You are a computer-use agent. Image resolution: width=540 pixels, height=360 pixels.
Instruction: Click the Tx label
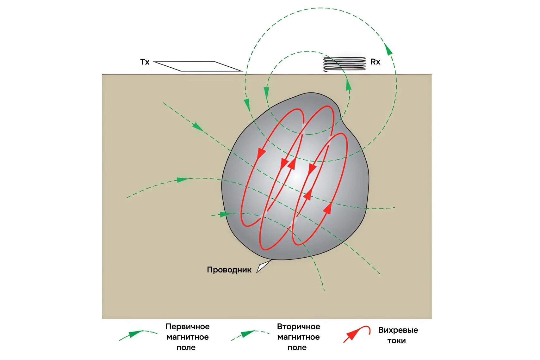[x=145, y=62]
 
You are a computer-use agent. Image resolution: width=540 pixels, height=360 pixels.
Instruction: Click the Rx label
[x=375, y=62]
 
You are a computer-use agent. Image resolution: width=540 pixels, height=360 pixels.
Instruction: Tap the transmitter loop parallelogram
[x=198, y=66]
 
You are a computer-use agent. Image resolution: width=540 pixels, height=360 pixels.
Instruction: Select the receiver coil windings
[x=344, y=64]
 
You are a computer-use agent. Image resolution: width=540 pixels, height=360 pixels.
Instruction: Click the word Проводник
[x=229, y=270]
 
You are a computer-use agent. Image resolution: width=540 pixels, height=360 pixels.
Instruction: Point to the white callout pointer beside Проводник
[x=263, y=266]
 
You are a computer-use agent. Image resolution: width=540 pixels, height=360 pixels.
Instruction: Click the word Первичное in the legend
[x=188, y=326]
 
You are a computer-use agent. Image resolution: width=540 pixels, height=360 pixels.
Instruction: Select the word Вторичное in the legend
[x=298, y=326]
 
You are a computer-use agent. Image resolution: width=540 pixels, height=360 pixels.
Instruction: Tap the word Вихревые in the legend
[x=398, y=330]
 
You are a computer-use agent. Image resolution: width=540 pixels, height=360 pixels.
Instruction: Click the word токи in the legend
[x=396, y=341]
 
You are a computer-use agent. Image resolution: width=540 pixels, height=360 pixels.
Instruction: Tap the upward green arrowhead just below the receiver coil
[x=349, y=85]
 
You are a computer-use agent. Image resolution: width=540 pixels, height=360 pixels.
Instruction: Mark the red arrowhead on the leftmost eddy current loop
[x=261, y=154]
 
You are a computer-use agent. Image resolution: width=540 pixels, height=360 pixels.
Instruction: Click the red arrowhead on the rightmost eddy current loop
[x=328, y=209]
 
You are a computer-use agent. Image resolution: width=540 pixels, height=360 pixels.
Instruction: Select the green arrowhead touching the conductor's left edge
[x=225, y=214]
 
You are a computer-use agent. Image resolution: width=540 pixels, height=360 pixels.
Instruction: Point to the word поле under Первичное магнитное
[x=186, y=348]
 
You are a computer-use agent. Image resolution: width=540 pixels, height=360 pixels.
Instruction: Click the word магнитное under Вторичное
[x=298, y=337]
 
